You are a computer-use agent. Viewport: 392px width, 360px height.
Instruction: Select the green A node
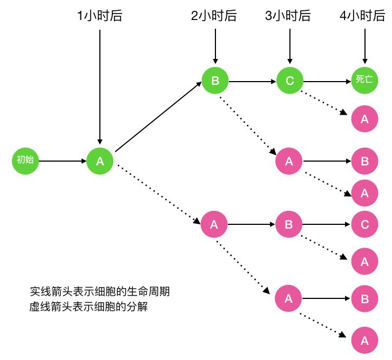click(100, 161)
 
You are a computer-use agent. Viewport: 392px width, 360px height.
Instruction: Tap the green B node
click(215, 81)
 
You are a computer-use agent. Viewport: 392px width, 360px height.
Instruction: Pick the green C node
click(290, 81)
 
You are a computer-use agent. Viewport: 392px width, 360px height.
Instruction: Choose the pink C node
click(364, 224)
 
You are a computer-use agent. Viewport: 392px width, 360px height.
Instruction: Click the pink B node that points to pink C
click(289, 224)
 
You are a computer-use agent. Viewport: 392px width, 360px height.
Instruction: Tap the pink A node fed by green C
click(364, 119)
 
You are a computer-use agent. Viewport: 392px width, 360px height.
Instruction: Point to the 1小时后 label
click(100, 16)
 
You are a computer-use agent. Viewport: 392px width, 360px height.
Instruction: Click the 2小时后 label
click(214, 16)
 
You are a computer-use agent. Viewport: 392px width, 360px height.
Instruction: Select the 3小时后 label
click(288, 16)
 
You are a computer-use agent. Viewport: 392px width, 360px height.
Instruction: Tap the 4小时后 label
click(363, 16)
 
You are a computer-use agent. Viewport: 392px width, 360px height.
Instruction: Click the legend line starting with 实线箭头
click(99, 291)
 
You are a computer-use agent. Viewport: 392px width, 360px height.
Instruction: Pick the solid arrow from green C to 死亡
click(327, 82)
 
